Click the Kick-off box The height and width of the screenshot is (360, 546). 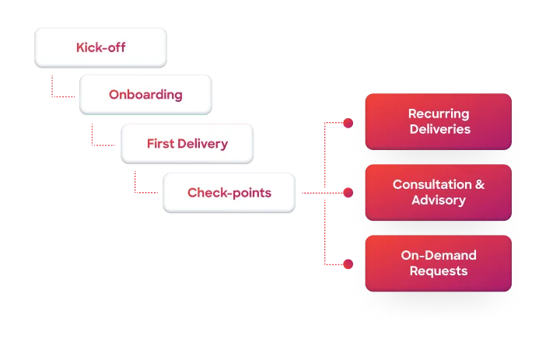coord(100,47)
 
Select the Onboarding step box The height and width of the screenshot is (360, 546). coord(145,96)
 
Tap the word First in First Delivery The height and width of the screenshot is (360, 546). coord(160,144)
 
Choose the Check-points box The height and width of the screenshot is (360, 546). coord(229,192)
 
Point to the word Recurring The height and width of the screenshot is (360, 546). coord(439,114)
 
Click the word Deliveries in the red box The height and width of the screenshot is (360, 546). coord(439,129)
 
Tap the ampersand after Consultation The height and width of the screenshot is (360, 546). coord(479,185)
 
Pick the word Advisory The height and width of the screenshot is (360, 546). coord(439,200)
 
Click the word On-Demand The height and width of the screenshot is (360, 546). coord(439,255)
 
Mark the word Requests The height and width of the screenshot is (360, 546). coord(439,271)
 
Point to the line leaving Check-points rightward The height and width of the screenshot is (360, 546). coord(311,193)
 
